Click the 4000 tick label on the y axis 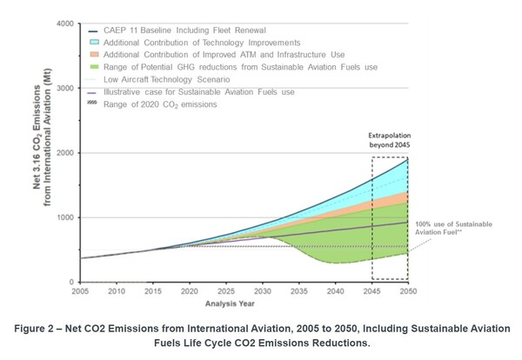coord(64,23)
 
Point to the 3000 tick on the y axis coord(64,88)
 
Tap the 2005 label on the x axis coord(81,291)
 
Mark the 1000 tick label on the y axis coord(64,217)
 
